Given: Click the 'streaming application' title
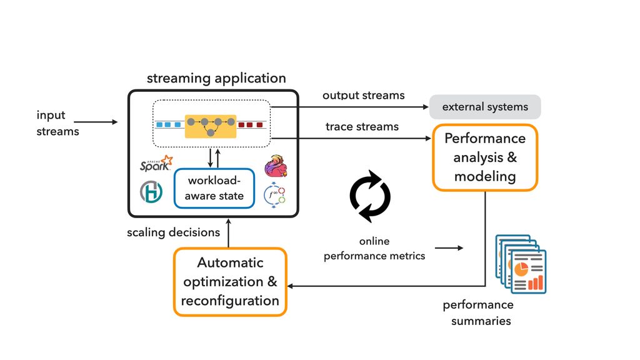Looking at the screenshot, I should click(x=216, y=79).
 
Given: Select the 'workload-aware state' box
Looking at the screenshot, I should click(x=214, y=188).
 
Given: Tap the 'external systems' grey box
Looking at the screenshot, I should click(x=485, y=107).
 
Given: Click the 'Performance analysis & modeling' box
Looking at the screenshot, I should click(x=485, y=157).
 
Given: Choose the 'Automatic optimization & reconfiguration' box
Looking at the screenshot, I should click(x=230, y=282).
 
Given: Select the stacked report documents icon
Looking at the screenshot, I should click(x=521, y=263).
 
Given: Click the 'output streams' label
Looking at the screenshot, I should click(x=363, y=96).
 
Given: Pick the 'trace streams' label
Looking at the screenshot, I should click(x=362, y=127).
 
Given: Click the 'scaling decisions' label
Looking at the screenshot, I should click(x=173, y=232).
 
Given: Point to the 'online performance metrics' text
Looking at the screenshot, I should click(x=374, y=249).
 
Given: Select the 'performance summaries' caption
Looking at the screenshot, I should click(x=479, y=312).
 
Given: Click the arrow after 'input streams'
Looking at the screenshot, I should click(x=104, y=122).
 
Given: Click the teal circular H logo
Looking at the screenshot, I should click(x=151, y=192).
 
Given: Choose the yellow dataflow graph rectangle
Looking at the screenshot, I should click(x=210, y=125).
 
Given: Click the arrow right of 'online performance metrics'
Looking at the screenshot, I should click(x=449, y=248).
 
